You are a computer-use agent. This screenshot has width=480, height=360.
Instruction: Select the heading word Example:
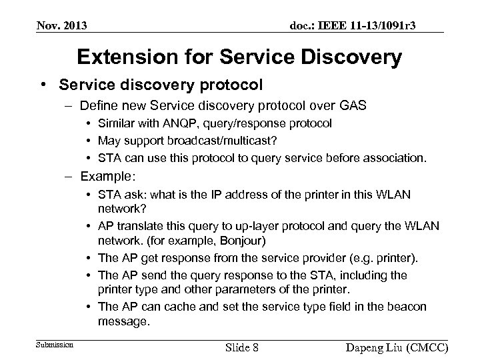click(x=108, y=176)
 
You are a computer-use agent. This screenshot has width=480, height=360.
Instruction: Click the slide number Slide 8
click(x=243, y=348)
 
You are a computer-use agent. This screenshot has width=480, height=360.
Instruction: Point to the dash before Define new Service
click(x=69, y=105)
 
